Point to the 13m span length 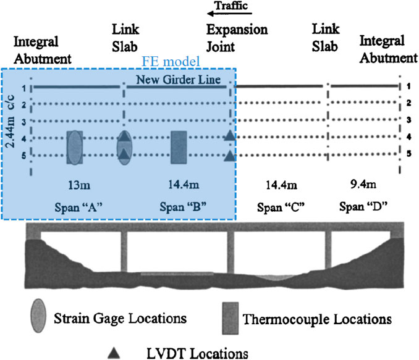[75, 183]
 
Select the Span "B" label [179, 204]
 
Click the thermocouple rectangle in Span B [179, 147]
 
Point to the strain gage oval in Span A [75, 147]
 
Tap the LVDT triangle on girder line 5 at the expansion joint [230, 156]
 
